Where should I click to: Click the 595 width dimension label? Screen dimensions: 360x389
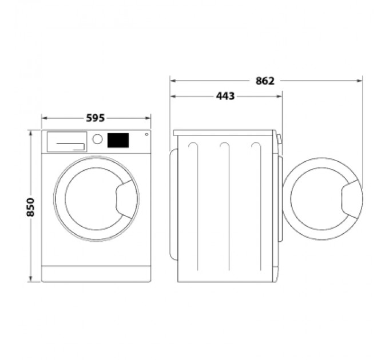point(96,118)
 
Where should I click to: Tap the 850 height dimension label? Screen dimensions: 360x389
point(30,206)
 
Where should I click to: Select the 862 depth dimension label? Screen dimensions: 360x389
point(265,81)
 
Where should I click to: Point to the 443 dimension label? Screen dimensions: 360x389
point(225,97)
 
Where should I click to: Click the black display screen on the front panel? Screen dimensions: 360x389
point(117,140)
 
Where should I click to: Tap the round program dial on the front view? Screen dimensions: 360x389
point(97,139)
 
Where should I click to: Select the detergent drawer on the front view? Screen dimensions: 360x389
point(66,141)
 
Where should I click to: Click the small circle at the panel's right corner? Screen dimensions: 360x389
point(146,135)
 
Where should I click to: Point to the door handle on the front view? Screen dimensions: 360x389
point(125,198)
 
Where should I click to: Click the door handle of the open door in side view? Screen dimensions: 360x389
point(350,198)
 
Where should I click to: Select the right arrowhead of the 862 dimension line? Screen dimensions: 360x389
point(360,81)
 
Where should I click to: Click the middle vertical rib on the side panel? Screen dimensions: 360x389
point(225,206)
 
